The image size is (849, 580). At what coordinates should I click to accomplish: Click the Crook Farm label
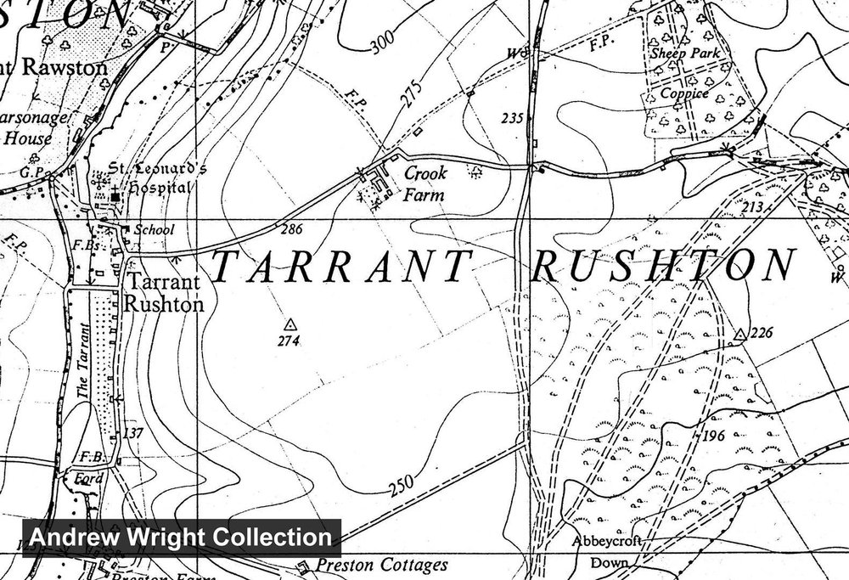[x=424, y=183]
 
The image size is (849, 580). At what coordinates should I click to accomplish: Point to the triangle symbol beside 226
[x=739, y=334]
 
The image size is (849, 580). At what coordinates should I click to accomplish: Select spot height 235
[x=511, y=119]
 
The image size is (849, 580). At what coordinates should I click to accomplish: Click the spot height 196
[x=717, y=436]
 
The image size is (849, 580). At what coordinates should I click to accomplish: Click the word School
[x=154, y=229]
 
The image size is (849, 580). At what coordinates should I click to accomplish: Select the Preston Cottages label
[x=380, y=566]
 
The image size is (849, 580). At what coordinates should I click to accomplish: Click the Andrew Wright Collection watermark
[x=181, y=537]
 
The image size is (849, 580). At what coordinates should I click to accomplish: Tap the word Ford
[x=88, y=478]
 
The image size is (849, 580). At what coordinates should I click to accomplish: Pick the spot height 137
[x=133, y=433]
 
